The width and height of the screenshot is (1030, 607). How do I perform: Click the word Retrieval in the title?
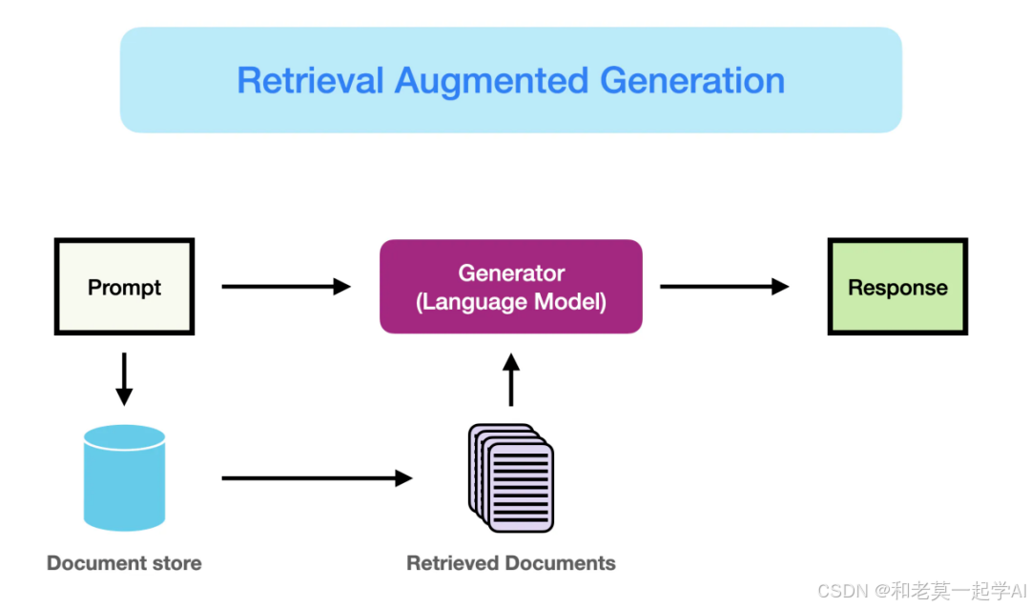click(310, 81)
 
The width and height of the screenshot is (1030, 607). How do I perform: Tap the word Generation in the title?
click(692, 81)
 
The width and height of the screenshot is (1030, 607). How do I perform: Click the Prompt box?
click(124, 287)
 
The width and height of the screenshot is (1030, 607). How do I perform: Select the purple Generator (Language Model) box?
click(511, 287)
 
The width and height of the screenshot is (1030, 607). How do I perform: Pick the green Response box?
click(897, 287)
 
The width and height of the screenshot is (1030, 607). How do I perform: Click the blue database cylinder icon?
click(124, 477)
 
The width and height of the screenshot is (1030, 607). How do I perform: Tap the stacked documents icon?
click(511, 477)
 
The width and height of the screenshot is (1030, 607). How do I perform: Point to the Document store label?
click(124, 563)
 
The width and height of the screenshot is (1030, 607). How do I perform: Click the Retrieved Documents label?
click(511, 563)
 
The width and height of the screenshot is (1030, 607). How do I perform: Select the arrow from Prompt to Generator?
click(286, 287)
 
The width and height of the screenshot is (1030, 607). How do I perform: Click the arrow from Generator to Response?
click(725, 287)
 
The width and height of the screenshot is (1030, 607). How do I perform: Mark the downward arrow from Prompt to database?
click(124, 379)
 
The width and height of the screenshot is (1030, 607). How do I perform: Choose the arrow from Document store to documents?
click(318, 478)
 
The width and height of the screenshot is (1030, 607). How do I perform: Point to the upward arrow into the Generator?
click(511, 379)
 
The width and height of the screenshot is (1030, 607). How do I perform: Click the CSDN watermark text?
click(921, 591)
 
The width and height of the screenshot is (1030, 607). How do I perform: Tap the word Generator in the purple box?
click(511, 273)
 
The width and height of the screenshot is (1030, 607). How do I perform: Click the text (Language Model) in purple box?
click(511, 302)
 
